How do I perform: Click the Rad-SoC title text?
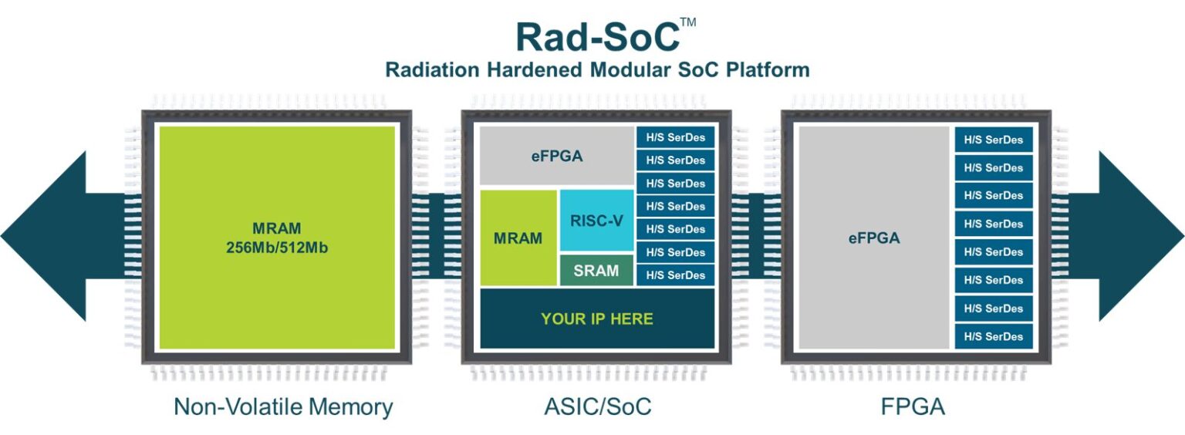tap(596, 36)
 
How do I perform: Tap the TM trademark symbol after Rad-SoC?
tap(688, 22)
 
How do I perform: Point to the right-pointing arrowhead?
tap(1142, 236)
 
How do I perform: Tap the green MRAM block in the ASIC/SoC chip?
tap(518, 238)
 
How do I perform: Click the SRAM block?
tap(596, 271)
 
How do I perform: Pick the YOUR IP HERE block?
tap(597, 319)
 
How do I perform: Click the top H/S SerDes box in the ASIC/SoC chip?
tap(676, 138)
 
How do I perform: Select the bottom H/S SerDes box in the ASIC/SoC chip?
tap(676, 275)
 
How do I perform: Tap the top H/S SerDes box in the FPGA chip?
tap(994, 140)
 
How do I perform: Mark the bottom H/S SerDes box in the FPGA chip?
tap(994, 336)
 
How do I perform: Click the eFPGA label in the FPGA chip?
tap(874, 238)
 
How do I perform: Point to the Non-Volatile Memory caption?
tap(283, 406)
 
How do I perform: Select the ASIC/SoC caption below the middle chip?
tap(596, 406)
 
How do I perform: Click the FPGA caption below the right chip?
tap(913, 406)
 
